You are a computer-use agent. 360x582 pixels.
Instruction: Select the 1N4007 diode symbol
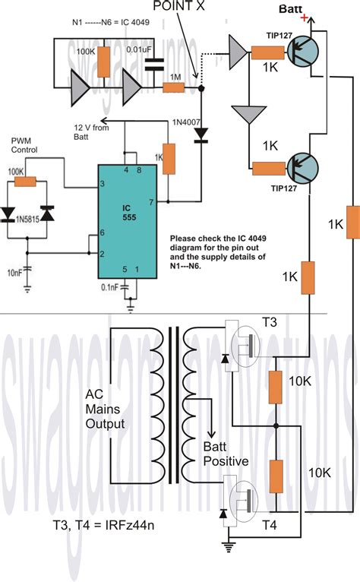click(201, 134)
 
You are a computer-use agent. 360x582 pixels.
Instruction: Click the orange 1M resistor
click(174, 89)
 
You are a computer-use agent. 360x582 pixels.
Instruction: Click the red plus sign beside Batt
click(306, 17)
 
